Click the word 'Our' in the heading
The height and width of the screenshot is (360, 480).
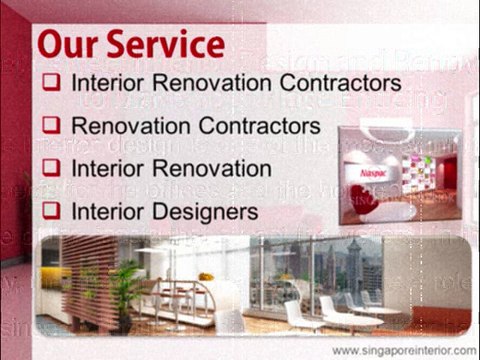(x=72, y=44)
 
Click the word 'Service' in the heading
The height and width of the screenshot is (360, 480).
(x=167, y=44)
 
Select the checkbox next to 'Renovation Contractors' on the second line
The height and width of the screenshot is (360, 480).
(x=54, y=126)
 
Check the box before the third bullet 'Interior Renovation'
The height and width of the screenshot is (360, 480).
(x=54, y=168)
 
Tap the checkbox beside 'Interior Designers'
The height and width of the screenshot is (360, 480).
(x=54, y=210)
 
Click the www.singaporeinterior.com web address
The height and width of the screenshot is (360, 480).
(x=404, y=350)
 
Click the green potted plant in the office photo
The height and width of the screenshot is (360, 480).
(x=123, y=290)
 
